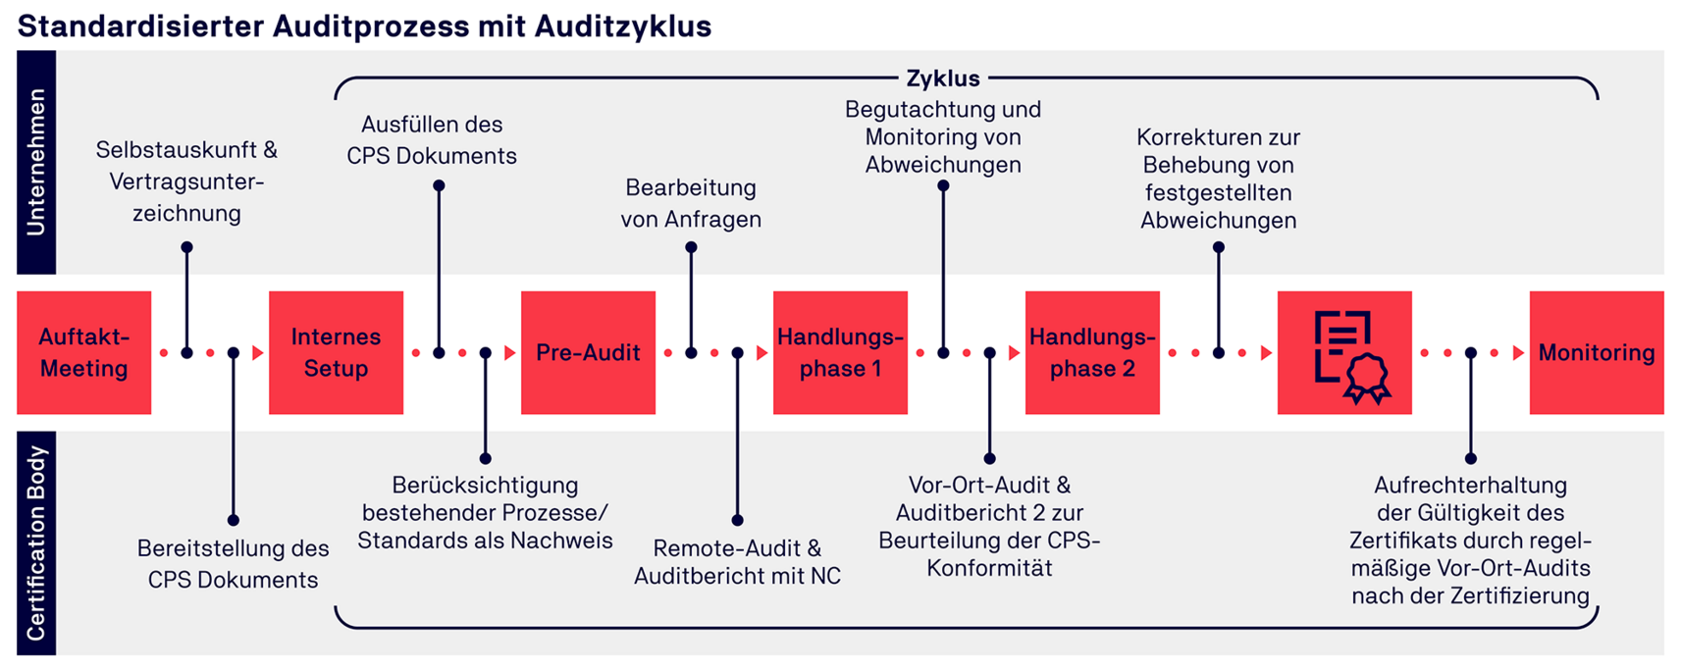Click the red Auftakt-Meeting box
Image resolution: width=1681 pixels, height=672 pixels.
(x=83, y=352)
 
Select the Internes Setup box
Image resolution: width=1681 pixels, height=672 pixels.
(x=336, y=352)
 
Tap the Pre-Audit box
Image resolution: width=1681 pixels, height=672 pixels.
(x=588, y=352)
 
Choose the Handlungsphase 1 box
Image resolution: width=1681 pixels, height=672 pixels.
(x=840, y=352)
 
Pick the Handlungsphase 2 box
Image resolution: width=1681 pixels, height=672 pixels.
(x=1092, y=352)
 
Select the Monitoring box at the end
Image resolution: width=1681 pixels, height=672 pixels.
(x=1596, y=352)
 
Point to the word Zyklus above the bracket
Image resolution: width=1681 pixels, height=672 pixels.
(x=942, y=78)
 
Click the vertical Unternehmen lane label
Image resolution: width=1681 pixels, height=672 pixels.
(x=36, y=162)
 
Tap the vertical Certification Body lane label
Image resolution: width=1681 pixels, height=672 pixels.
(x=36, y=543)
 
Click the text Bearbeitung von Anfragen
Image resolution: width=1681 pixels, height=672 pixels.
(x=691, y=203)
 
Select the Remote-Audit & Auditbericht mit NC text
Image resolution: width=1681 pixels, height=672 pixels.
(x=737, y=562)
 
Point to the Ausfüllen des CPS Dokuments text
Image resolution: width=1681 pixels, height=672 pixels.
(x=432, y=140)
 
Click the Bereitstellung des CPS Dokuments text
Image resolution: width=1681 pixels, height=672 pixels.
(x=233, y=564)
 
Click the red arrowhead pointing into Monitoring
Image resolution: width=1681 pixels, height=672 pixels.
(x=1519, y=353)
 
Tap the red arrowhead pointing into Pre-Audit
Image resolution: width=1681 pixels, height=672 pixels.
(x=510, y=353)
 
